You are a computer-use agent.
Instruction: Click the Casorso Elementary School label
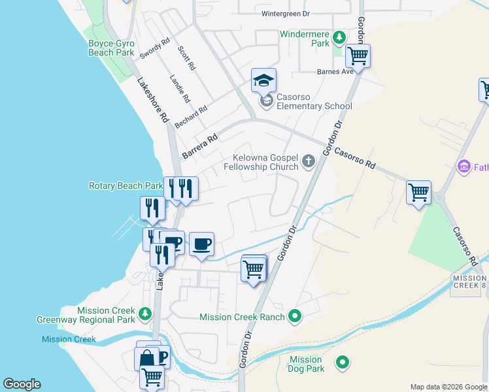pos(314,101)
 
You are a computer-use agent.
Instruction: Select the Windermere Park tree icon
pos(339,37)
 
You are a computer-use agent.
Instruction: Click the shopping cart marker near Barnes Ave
pos(358,56)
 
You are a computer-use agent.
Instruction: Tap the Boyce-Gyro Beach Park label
pos(111,48)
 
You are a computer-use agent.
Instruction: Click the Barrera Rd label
pos(200,146)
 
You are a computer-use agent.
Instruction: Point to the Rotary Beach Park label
pos(126,186)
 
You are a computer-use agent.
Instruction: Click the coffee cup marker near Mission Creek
pos(201,244)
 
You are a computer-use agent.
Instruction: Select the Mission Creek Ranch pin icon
pos(295,317)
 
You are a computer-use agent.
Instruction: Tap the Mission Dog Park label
pos(306,364)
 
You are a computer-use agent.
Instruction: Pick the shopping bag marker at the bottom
pos(146,358)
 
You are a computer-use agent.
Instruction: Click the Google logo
pos(22,384)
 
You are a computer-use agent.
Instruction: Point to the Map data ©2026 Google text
pos(448,387)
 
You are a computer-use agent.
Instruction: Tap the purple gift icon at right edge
pos(464,166)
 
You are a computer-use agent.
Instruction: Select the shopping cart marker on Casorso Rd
pos(418,193)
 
